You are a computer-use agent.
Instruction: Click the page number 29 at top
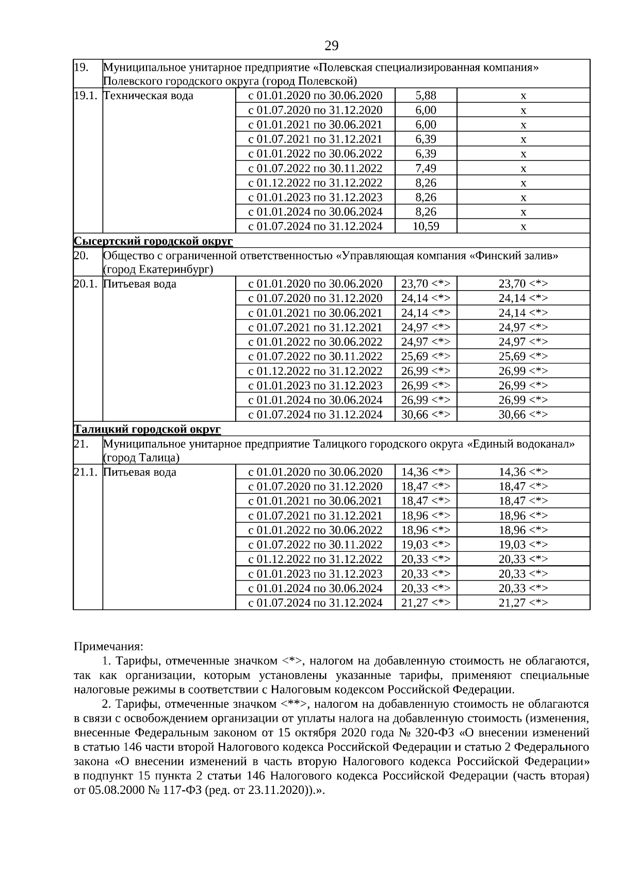[331, 46]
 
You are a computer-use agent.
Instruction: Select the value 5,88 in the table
[426, 95]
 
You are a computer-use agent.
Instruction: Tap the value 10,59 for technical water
[426, 226]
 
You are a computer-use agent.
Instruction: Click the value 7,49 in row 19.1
[426, 168]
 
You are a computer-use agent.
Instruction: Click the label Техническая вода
[149, 95]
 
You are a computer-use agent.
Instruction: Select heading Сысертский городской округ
[153, 241]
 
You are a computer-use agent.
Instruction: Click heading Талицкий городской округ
[148, 429]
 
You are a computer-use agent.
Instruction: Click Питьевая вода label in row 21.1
[140, 472]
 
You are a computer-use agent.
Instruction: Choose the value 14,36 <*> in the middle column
[426, 472]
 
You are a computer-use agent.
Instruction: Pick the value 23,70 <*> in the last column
[523, 284]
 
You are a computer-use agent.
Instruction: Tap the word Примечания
[109, 646]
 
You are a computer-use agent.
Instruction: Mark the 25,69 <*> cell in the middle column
[426, 357]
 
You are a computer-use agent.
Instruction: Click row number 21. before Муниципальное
[81, 444]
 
